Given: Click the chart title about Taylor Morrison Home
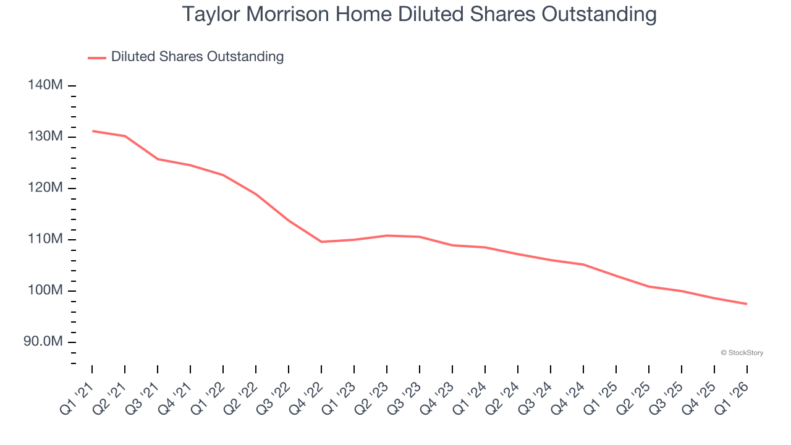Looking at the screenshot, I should pyautogui.click(x=419, y=14).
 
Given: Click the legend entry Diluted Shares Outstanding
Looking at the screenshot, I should pyautogui.click(x=197, y=57).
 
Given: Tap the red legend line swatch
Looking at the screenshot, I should pyautogui.click(x=97, y=57).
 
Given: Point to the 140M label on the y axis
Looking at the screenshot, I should pyautogui.click(x=45, y=85).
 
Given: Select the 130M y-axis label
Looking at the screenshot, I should pyautogui.click(x=45, y=137).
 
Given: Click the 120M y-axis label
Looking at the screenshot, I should pyautogui.click(x=45, y=188).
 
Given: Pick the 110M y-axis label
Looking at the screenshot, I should pyautogui.click(x=45, y=239).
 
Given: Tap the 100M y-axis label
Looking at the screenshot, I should pyautogui.click(x=45, y=290).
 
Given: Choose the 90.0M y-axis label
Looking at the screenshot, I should pyautogui.click(x=43, y=342).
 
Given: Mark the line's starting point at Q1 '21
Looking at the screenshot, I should pyautogui.click(x=92, y=131).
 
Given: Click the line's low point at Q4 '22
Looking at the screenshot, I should pyautogui.click(x=321, y=242).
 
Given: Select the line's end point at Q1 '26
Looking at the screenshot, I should pyautogui.click(x=747, y=304).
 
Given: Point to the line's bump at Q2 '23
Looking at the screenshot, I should pyautogui.click(x=387, y=235).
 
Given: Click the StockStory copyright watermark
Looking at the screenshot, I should pyautogui.click(x=742, y=353).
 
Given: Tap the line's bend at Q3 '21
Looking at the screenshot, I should pyautogui.click(x=158, y=159).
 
